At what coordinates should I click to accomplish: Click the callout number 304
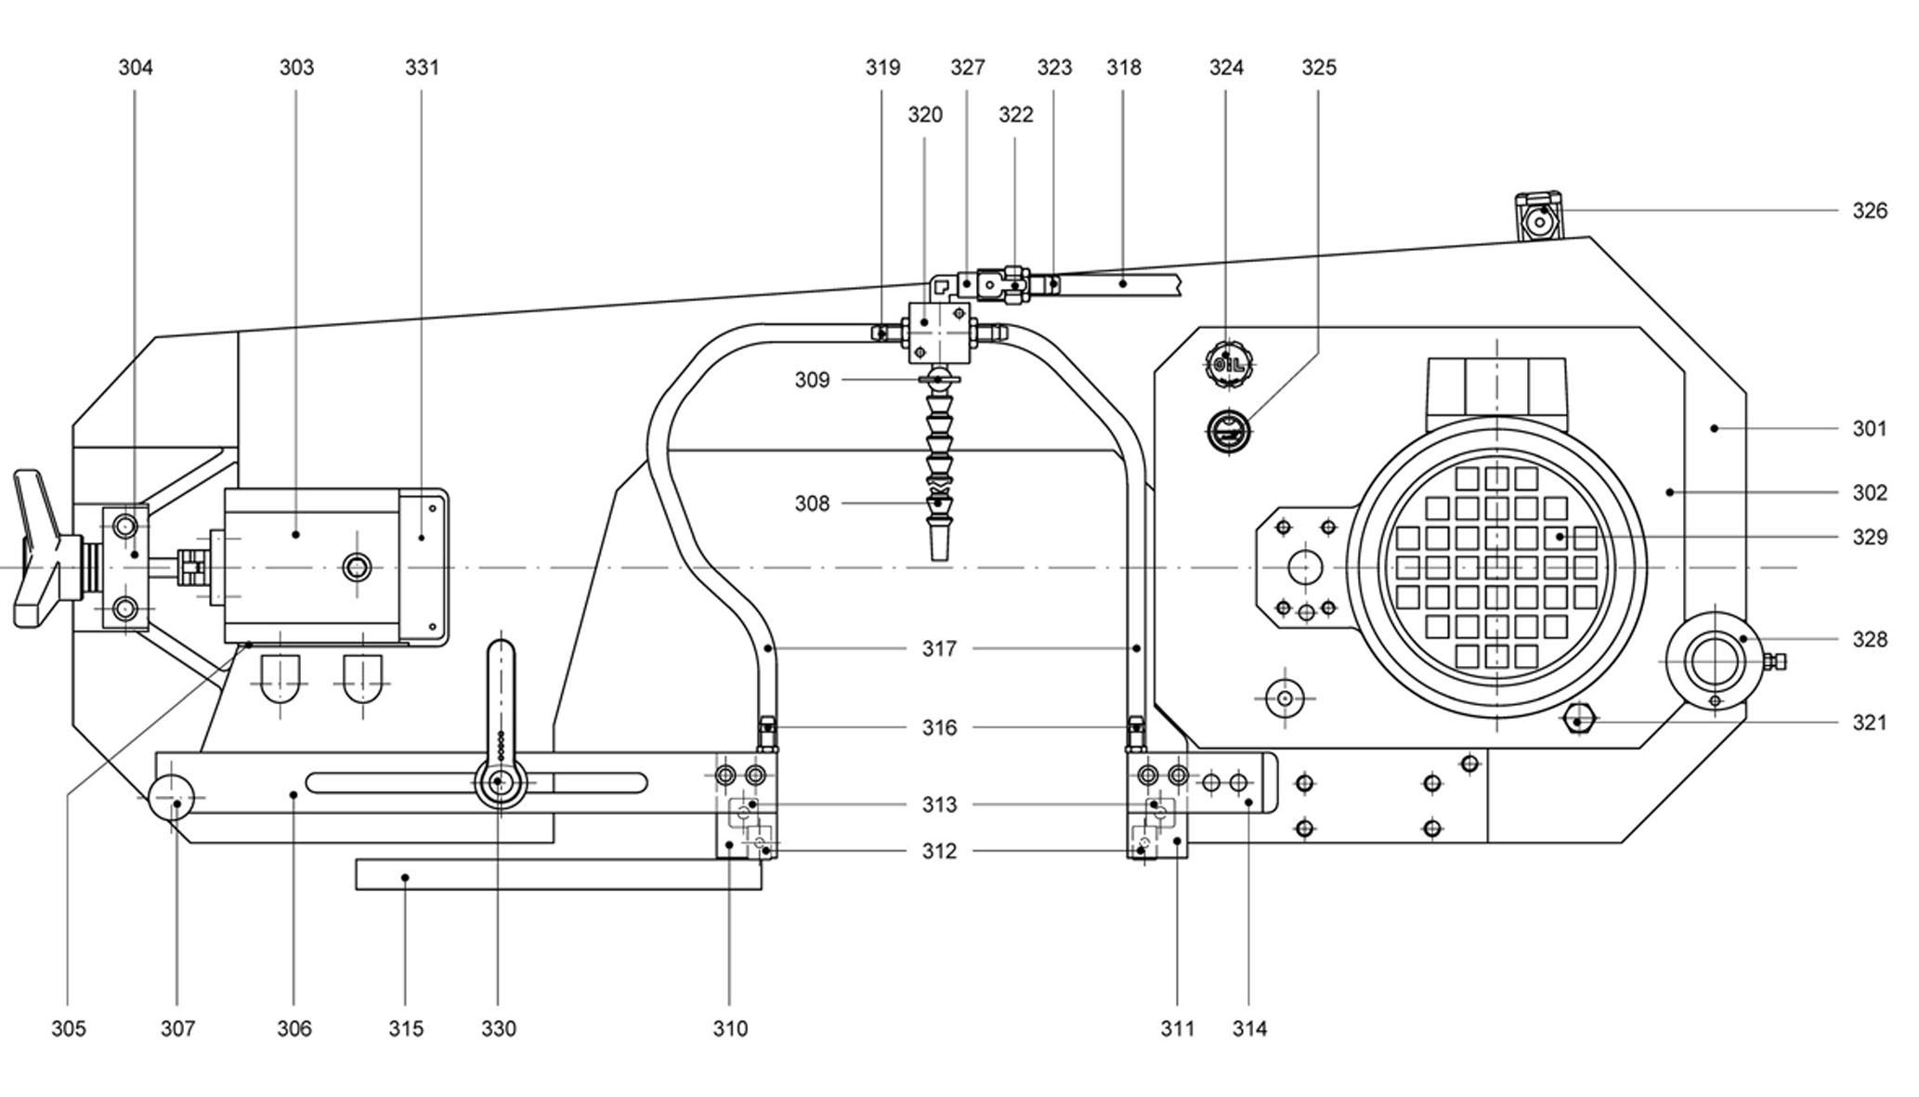[136, 68]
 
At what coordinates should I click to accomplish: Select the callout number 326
[1869, 211]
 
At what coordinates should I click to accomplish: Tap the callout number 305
[68, 1028]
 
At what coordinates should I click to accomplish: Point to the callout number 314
[1249, 1028]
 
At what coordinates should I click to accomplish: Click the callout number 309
[812, 380]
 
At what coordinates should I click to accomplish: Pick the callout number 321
[1869, 723]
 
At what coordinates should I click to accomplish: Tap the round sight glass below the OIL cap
[1228, 431]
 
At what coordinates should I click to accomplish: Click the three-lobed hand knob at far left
[37, 547]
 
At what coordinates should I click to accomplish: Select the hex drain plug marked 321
[1579, 720]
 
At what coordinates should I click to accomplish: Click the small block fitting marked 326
[1538, 218]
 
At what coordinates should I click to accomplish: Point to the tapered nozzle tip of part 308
[939, 543]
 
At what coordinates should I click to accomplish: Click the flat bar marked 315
[557, 875]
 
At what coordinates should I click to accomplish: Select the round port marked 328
[1715, 662]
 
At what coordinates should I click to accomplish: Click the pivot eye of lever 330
[499, 782]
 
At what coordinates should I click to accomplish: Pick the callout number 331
[422, 68]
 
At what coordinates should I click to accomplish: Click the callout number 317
[938, 648]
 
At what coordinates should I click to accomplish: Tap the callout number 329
[1869, 538]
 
